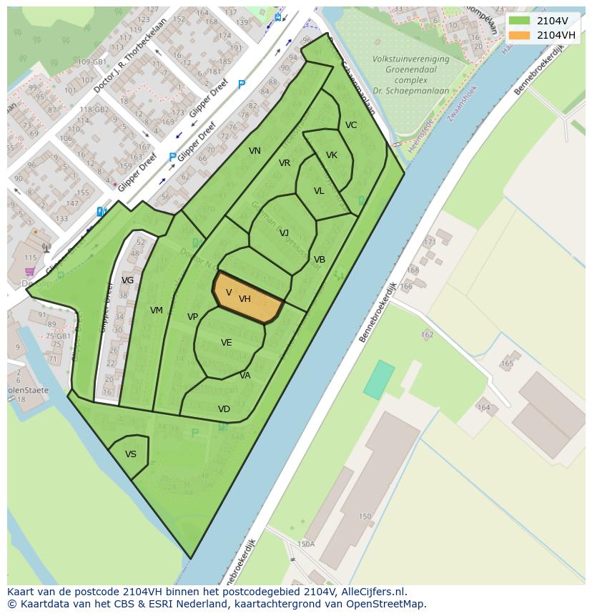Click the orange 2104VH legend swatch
520,35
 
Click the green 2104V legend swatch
520,21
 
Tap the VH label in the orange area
245,299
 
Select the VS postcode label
131,454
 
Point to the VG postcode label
127,280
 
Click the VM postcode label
157,311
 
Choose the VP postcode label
192,317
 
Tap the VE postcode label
226,343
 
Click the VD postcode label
224,409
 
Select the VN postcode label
255,151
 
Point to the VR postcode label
285,163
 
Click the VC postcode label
351,125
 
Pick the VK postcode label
332,155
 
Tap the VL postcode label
319,191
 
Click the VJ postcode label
284,233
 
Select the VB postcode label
320,260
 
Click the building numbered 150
365,517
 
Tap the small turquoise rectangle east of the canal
379,379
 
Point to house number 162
428,334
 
